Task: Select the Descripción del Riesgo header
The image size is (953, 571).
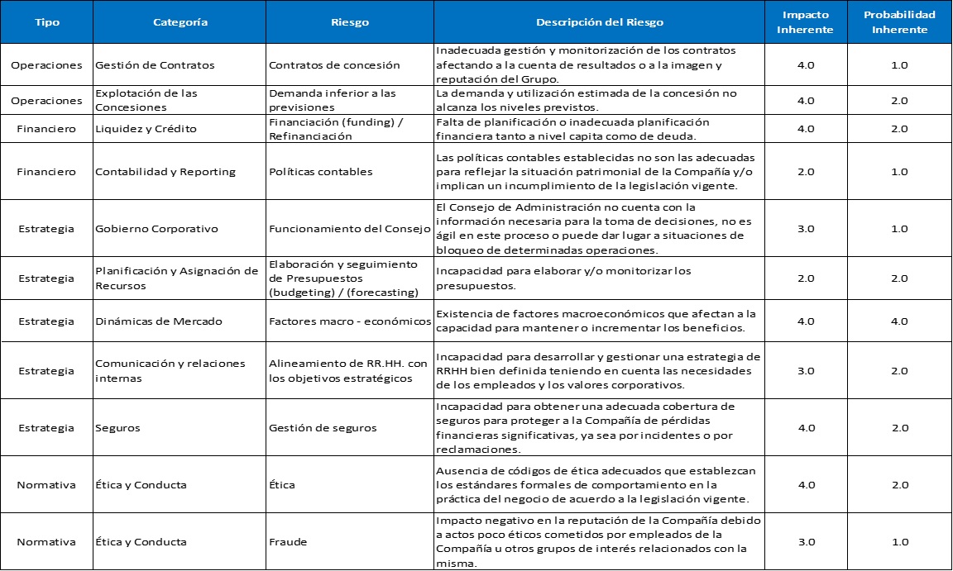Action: click(x=599, y=22)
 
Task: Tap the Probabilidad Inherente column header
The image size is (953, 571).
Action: click(x=899, y=22)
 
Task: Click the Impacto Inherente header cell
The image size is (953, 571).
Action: click(x=806, y=22)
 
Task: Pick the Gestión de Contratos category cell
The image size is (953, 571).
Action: click(x=155, y=65)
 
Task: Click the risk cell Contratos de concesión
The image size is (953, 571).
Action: click(x=334, y=65)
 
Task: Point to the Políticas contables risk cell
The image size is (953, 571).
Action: click(x=321, y=172)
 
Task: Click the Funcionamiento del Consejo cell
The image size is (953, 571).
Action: click(x=349, y=228)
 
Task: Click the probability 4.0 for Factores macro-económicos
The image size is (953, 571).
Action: click(x=899, y=321)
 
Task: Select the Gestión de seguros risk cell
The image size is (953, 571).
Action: click(x=323, y=428)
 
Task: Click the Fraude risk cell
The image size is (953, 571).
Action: click(x=288, y=542)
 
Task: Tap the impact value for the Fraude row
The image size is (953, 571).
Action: click(x=806, y=542)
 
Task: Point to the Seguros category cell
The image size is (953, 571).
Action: click(x=117, y=428)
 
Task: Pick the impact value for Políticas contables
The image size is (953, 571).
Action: click(x=806, y=172)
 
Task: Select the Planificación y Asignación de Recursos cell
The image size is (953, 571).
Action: click(x=177, y=278)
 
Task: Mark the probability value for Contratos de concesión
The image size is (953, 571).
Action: click(x=899, y=65)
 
